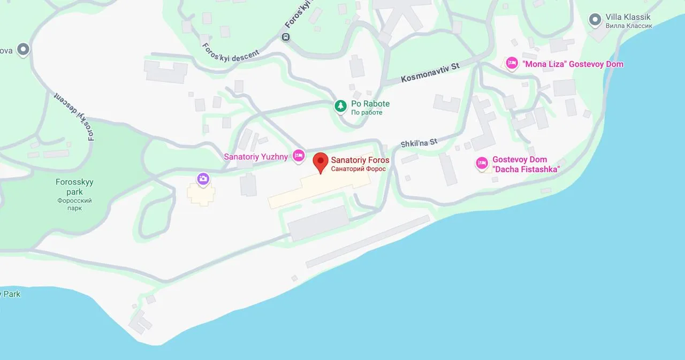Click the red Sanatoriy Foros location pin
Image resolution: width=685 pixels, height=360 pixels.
coord(321,161)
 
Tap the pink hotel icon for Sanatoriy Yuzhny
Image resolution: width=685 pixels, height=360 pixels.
coord(299,156)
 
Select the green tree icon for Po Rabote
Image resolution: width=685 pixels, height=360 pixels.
coord(340,106)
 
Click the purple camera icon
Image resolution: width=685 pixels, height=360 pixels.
coord(203,179)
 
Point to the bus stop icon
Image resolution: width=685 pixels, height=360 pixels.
coord(286,37)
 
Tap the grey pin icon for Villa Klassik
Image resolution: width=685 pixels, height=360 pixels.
coord(595,20)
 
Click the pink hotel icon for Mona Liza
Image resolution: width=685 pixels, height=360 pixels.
coord(512,64)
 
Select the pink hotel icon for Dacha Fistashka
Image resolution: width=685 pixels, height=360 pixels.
coord(482,164)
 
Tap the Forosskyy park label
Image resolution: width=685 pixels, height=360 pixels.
coord(74,187)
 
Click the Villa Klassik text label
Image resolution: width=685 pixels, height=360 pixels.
coord(628,17)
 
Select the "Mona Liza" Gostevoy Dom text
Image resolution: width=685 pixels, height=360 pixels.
coord(574,64)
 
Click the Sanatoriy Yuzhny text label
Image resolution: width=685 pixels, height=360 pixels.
coord(256,157)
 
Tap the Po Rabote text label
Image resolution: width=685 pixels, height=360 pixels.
coord(370,104)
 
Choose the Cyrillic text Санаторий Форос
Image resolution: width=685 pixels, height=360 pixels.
coord(359,169)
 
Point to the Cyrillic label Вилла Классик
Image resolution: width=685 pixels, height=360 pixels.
coord(629,26)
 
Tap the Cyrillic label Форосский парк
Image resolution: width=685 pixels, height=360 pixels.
coord(74,204)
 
